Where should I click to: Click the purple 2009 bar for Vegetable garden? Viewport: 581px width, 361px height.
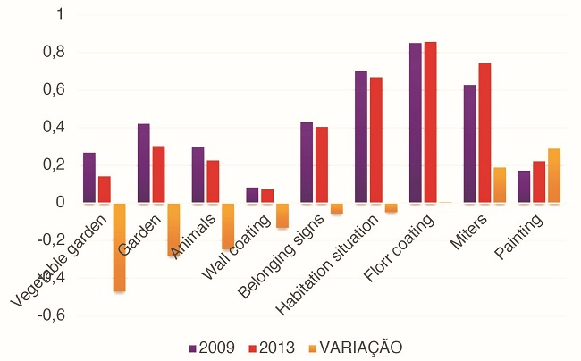tap(89, 178)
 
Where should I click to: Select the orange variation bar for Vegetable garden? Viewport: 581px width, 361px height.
tap(120, 248)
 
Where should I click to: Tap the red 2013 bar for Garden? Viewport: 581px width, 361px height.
tap(158, 174)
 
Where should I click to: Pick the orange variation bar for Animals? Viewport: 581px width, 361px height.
tap(228, 226)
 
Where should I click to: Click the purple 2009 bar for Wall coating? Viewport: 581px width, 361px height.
tap(252, 195)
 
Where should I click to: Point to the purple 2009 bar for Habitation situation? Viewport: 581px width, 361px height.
tap(361, 137)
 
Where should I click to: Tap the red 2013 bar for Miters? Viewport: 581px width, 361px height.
tap(484, 133)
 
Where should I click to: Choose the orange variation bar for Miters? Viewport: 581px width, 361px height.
tap(500, 185)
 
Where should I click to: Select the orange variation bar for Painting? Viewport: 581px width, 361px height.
tap(554, 176)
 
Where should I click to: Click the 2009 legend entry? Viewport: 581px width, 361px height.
tap(212, 348)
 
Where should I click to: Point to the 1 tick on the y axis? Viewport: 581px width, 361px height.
tap(59, 14)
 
